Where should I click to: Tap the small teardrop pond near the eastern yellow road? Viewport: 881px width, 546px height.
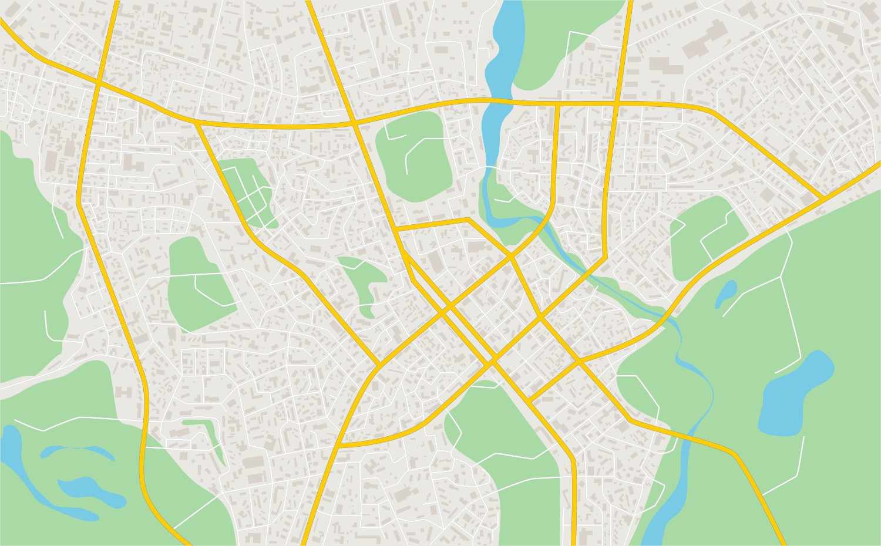point(727,293)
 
